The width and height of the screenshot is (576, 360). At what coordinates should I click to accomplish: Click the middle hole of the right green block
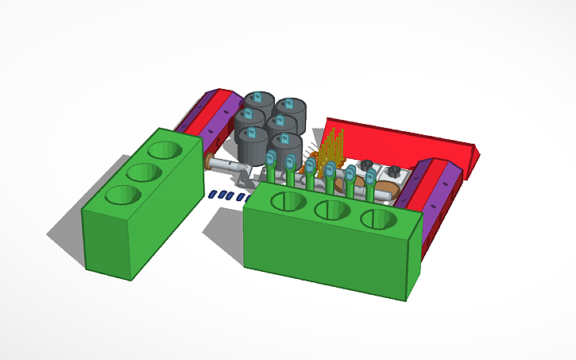(333, 210)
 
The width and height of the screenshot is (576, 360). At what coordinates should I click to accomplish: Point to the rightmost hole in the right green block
(378, 219)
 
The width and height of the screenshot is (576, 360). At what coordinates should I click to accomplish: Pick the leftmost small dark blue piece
(212, 194)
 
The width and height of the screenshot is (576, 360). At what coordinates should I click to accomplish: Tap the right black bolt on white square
(392, 172)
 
